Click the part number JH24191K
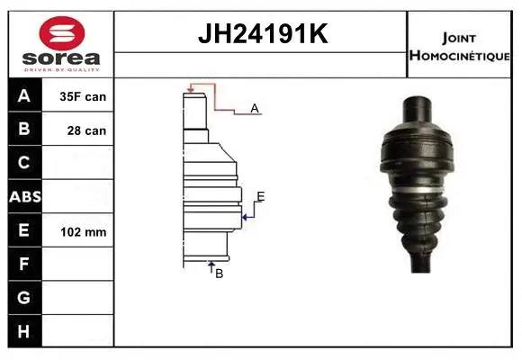[x=261, y=34]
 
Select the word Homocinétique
[x=460, y=55]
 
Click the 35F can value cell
[x=83, y=96]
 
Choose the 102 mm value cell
[x=83, y=232]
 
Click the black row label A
[x=25, y=96]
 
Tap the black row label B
[x=25, y=130]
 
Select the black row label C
[x=25, y=164]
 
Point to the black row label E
[x=25, y=231]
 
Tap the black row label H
[x=25, y=332]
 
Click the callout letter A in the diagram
[x=255, y=108]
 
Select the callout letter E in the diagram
[x=260, y=196]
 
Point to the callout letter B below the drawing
[x=219, y=273]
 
